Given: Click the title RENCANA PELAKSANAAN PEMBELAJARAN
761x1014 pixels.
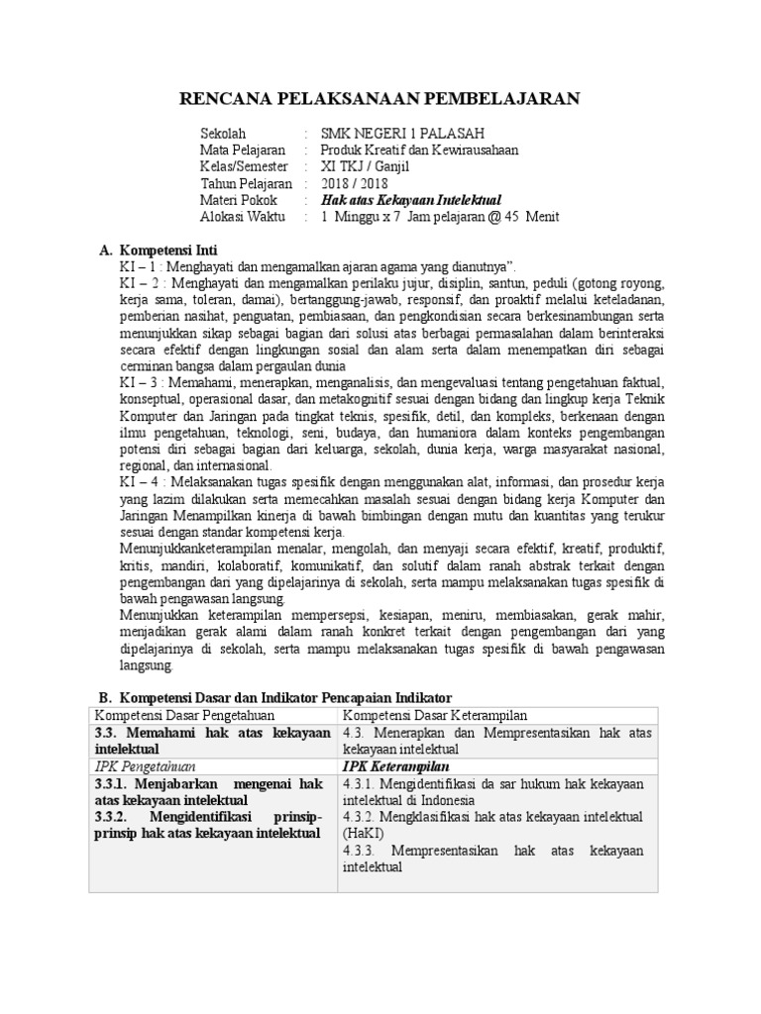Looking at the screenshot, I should pos(380,97).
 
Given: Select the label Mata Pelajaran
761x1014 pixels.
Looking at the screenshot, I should pos(243,151).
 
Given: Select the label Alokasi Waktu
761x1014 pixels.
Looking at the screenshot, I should pos(243,218).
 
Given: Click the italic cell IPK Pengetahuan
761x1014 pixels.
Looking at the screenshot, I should pos(145,766).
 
